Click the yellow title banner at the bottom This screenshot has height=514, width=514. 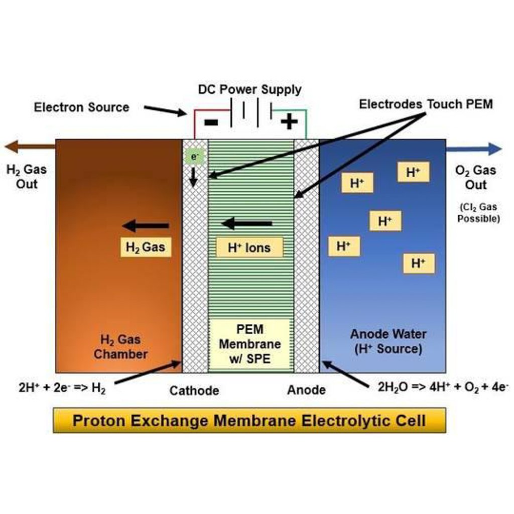pos(249,420)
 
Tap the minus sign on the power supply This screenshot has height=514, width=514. pos(211,122)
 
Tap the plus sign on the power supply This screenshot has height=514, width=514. pos(289,122)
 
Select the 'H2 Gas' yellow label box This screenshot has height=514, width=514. pos(146,247)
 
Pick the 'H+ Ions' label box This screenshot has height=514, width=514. pos(249,247)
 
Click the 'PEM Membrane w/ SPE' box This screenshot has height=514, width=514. pos(249,344)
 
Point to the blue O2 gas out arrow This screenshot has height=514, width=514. pos(474,149)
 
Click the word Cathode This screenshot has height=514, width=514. pos(194,391)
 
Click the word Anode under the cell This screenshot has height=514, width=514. pos(306,390)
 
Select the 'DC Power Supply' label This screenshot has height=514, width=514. pos(249,90)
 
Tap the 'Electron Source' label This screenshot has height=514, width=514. pos(81,107)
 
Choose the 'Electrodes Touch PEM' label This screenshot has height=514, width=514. pos(426,104)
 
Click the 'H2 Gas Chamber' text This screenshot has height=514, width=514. pos(120,347)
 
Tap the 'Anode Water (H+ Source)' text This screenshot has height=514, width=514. pos(388,341)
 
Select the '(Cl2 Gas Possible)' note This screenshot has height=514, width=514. pos(478,213)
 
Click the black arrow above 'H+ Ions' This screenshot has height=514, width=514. pos(247,223)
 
